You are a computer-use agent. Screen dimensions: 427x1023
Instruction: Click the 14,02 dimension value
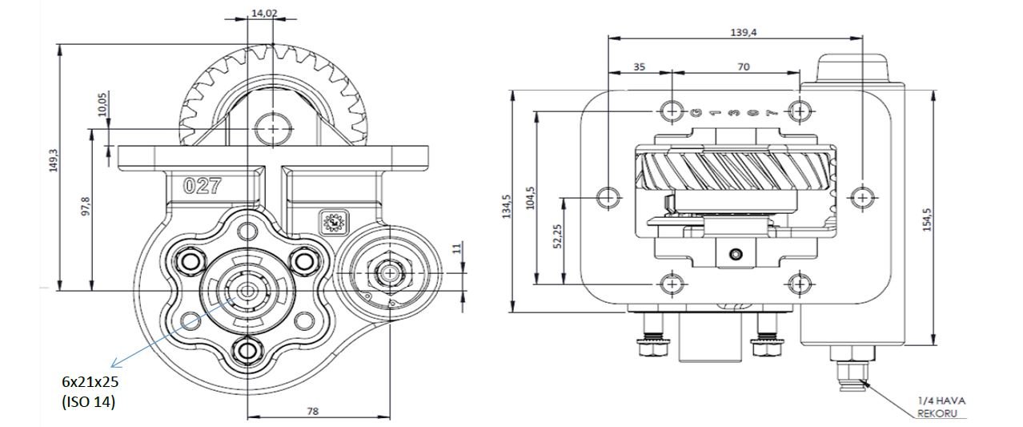264,13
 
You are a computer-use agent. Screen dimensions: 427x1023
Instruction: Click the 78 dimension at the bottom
313,411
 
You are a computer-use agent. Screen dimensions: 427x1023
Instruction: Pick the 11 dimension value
456,250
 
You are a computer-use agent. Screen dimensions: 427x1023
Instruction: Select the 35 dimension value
639,67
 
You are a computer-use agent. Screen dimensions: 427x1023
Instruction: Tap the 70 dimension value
743,67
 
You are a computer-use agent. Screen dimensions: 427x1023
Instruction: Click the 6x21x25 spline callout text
91,383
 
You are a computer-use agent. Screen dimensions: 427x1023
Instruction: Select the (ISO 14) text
89,402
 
